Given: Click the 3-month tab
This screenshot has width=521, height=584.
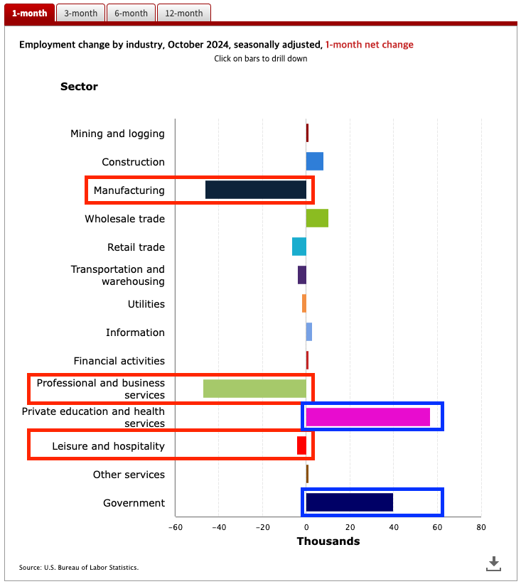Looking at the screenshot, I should (x=80, y=13).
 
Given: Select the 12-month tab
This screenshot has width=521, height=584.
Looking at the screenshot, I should (x=183, y=13).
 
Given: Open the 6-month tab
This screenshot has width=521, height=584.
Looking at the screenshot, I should (x=131, y=13).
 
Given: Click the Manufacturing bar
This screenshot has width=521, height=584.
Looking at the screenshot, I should (x=256, y=190).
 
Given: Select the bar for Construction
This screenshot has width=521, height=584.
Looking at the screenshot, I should (x=314, y=161).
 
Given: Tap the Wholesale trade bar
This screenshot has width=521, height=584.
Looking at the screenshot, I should (x=317, y=218).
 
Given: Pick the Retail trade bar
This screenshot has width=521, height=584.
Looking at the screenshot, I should (x=299, y=247).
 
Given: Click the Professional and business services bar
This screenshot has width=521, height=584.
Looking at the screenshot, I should (x=254, y=389).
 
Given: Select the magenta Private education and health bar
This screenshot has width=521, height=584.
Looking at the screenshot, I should (x=367, y=417).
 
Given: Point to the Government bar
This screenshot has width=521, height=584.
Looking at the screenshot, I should (x=349, y=502).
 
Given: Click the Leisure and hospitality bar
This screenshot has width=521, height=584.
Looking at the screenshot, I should (x=301, y=445).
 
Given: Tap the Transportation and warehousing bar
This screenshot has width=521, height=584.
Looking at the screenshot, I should (x=302, y=275).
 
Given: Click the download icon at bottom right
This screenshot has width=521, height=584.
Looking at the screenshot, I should (x=494, y=563).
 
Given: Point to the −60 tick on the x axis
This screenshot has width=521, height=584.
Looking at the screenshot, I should (x=175, y=527).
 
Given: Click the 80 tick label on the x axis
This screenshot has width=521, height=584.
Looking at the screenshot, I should (x=480, y=527).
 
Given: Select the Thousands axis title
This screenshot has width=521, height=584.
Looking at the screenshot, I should (x=328, y=541).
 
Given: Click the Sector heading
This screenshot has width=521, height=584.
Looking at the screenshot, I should (x=79, y=87).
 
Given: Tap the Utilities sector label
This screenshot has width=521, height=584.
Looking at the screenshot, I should (x=146, y=304).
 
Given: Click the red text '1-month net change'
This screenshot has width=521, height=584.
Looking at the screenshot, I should (x=369, y=45).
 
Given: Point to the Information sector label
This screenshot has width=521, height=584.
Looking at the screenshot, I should (x=135, y=332).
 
